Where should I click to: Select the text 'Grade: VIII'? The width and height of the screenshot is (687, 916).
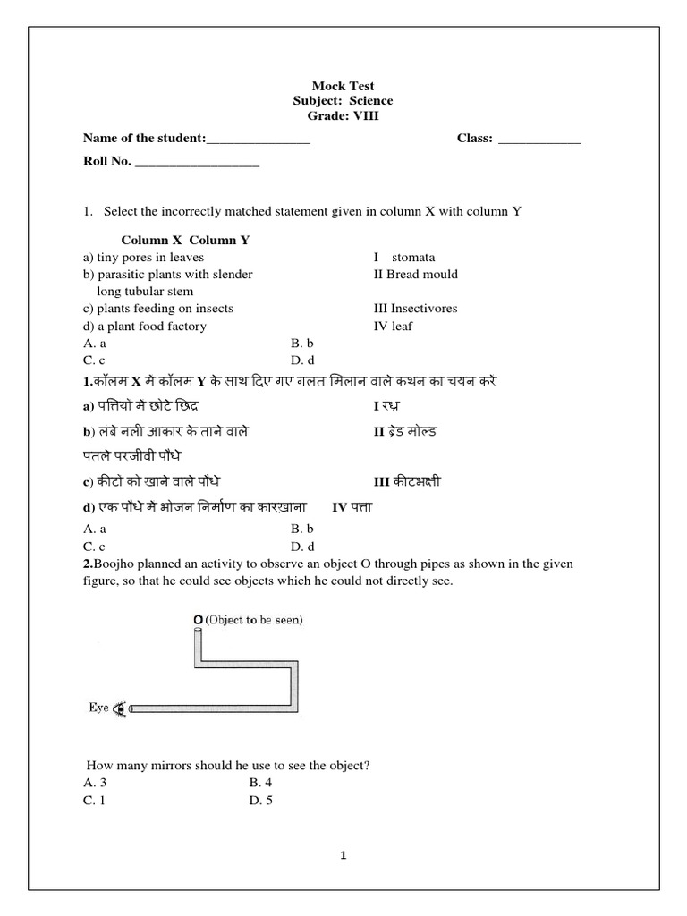[343, 116]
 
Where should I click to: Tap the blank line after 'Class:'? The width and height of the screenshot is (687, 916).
[539, 140]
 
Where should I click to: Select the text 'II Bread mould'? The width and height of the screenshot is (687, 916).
[415, 275]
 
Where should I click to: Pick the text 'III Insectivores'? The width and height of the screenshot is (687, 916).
[415, 309]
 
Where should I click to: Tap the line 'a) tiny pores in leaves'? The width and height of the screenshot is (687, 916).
[143, 258]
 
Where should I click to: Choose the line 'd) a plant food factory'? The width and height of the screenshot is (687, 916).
[144, 327]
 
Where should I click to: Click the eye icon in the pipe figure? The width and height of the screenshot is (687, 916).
[121, 708]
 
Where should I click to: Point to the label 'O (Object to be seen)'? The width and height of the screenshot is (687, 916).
[248, 619]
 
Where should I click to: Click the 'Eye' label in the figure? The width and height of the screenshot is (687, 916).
[98, 708]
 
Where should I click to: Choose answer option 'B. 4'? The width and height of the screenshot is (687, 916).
[260, 783]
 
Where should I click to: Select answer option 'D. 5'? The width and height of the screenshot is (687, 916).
[260, 801]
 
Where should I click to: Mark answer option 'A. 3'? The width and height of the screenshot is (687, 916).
[94, 783]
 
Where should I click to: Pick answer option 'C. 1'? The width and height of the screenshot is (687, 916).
[94, 801]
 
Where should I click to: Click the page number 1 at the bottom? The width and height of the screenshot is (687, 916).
[344, 855]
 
